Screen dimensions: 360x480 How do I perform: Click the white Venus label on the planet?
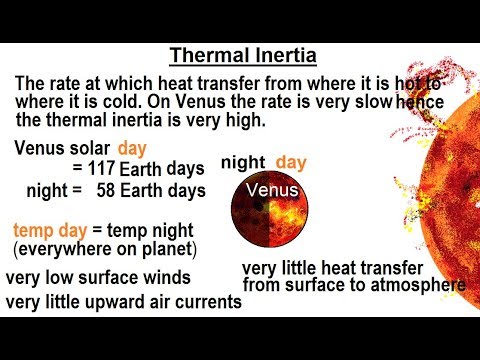click(271, 188)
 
